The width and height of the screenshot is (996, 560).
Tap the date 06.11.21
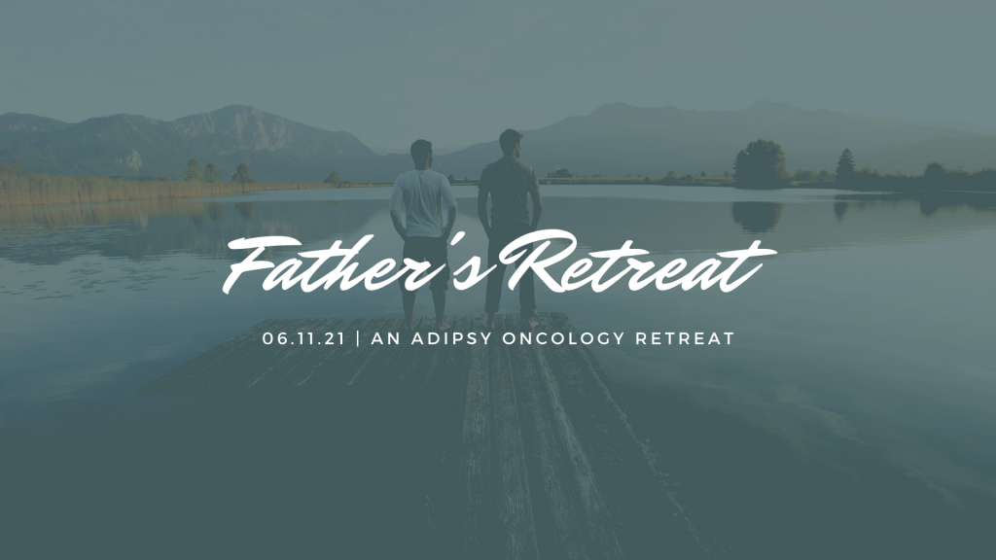[x=303, y=338]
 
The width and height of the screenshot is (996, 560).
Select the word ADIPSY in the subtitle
[x=451, y=338]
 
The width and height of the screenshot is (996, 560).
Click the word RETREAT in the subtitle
[x=685, y=338]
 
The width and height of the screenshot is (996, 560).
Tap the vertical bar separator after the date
[x=358, y=338]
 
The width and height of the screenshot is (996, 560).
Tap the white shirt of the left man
[x=422, y=203]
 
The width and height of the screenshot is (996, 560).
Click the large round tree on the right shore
[x=761, y=163]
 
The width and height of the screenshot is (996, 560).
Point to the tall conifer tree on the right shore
[x=845, y=166]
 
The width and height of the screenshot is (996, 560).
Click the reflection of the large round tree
[x=757, y=216]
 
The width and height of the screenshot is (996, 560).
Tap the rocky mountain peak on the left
[x=236, y=121]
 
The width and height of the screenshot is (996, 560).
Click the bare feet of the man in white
[x=426, y=326]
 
